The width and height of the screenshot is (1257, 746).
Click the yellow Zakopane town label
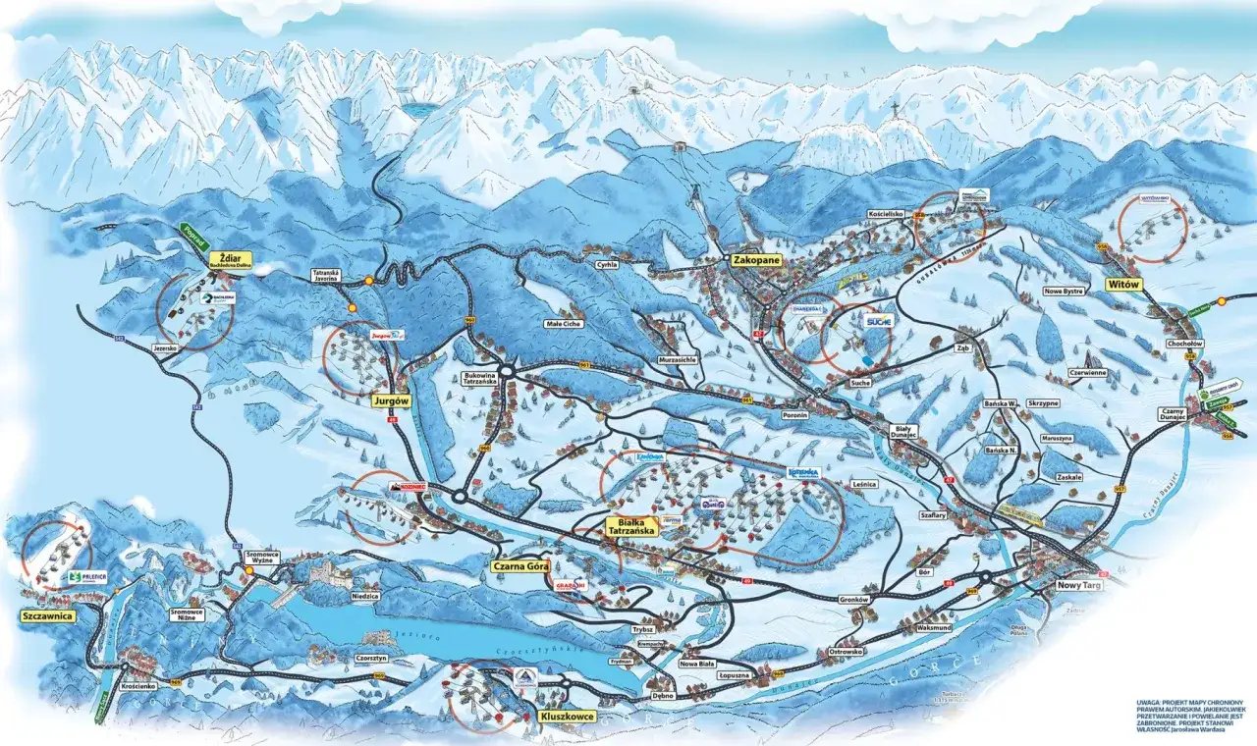tap(755, 260)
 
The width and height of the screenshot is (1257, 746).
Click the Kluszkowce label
tap(567, 717)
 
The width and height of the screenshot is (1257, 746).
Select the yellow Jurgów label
tap(390, 400)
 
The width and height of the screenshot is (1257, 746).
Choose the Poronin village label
tap(795, 414)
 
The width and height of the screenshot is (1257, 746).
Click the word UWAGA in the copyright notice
tap(1150, 703)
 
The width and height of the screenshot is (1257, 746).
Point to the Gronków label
tap(856, 598)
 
